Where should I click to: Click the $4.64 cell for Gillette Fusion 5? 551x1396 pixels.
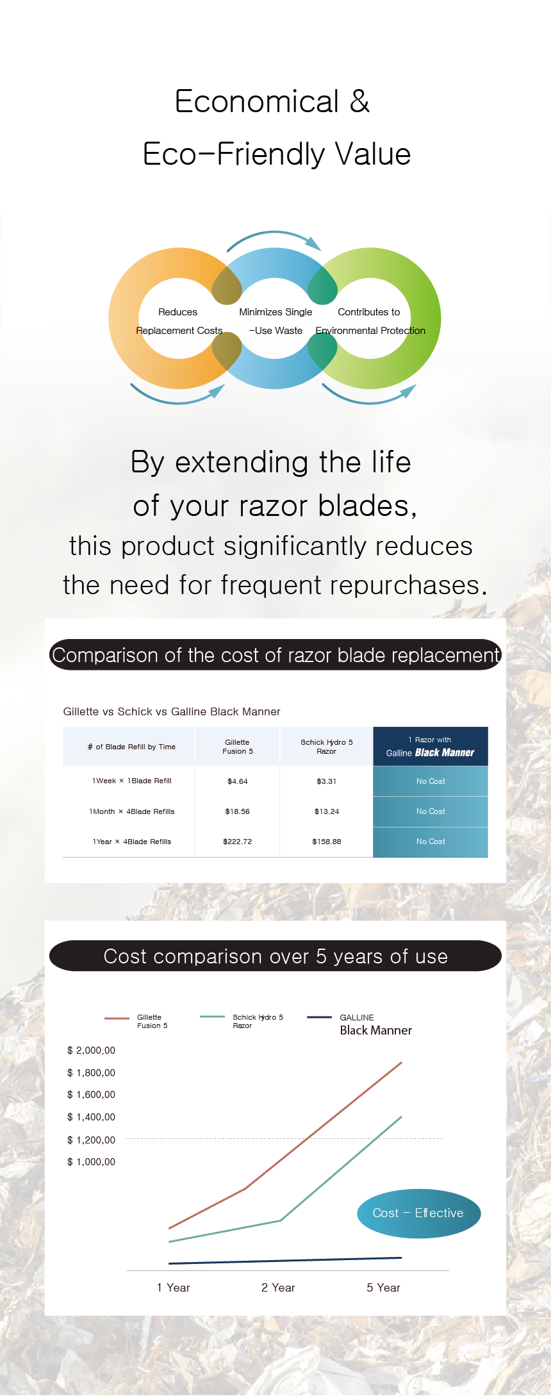[x=238, y=781]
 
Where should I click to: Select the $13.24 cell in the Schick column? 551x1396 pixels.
[x=327, y=811]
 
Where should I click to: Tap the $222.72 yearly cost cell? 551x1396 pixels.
[x=238, y=842]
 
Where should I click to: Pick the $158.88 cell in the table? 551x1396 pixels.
[x=327, y=842]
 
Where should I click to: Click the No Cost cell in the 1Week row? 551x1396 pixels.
[x=431, y=781]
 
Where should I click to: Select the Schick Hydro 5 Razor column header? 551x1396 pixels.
[x=327, y=747]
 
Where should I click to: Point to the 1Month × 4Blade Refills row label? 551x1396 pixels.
[x=132, y=811]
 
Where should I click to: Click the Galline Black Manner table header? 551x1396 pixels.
[x=431, y=747]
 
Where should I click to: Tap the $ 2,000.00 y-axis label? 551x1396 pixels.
[x=91, y=1051]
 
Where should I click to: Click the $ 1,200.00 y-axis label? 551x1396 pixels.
[x=91, y=1140]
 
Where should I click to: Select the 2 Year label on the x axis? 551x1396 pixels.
[x=278, y=1288]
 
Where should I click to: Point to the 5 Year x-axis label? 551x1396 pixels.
[x=383, y=1288]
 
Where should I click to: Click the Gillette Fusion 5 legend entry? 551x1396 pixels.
[x=136, y=1021]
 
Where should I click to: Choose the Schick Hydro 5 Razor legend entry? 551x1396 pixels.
[x=242, y=1021]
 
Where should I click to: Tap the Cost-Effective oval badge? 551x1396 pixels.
[x=418, y=1213]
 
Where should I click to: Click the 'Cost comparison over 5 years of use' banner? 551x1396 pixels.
[x=275, y=956]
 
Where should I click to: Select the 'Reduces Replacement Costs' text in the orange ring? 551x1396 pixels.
[x=179, y=321]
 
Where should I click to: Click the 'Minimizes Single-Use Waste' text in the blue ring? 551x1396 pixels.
[x=275, y=321]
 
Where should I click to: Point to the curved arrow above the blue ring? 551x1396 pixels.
[x=274, y=232]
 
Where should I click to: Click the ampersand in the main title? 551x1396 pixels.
[x=360, y=101]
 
